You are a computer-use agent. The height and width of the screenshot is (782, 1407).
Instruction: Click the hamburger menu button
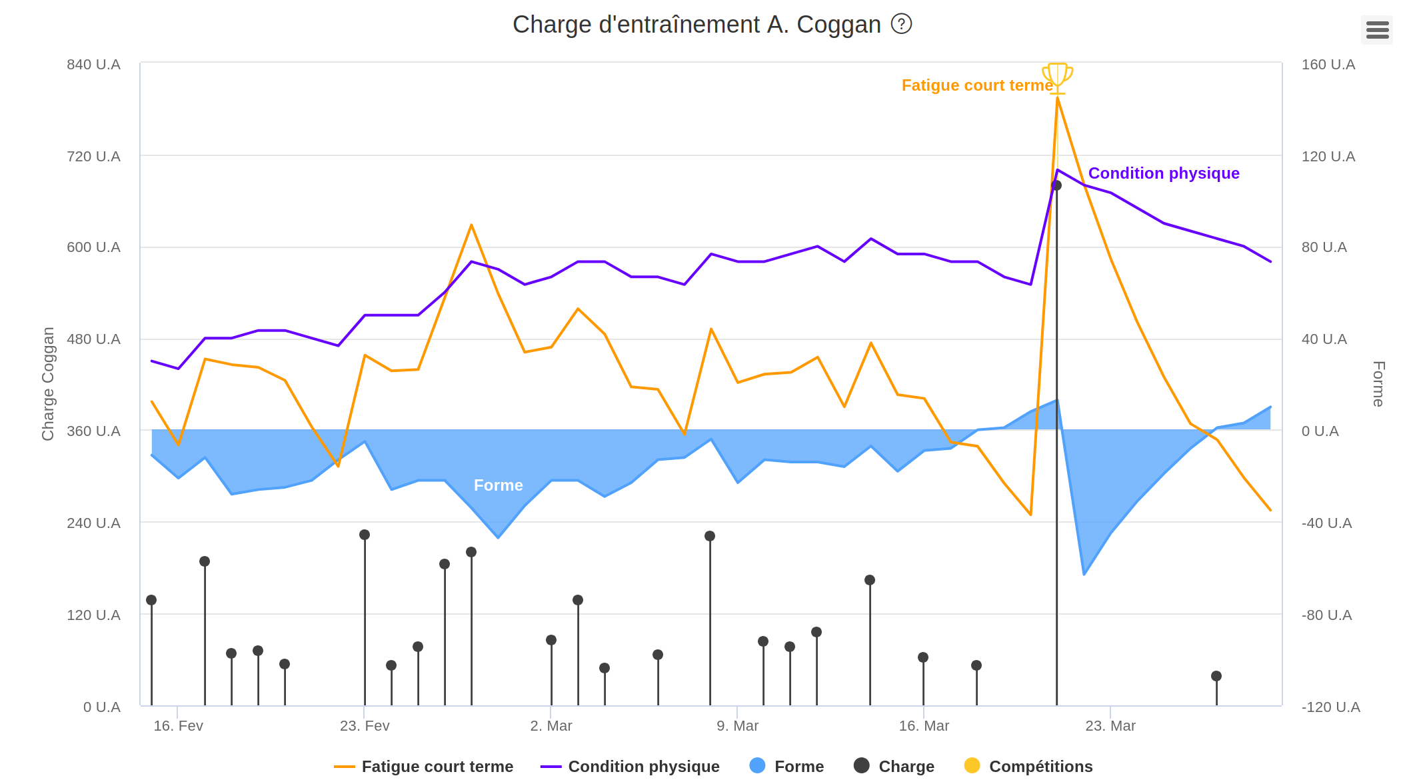1377,30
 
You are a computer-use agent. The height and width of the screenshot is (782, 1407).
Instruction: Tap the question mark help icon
901,24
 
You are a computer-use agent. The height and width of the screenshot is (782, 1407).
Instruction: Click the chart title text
697,25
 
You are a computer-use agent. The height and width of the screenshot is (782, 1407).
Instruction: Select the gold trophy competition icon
1057,77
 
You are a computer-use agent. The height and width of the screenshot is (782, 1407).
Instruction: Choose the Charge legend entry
894,766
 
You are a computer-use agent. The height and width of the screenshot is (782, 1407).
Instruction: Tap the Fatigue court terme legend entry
424,766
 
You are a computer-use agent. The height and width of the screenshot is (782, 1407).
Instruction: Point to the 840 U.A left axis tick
93,65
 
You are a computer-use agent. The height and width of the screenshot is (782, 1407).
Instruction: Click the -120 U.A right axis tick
1330,707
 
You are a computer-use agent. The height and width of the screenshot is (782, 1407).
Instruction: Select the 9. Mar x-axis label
737,725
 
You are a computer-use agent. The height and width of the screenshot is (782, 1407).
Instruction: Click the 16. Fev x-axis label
178,725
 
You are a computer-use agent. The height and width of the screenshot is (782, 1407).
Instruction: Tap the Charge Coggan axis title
48,383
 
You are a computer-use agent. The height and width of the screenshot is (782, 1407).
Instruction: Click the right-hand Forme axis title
1378,383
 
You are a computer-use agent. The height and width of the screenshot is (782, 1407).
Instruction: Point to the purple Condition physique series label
1164,173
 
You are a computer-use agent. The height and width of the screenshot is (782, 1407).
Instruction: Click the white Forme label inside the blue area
498,485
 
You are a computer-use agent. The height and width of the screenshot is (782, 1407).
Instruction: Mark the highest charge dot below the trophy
1056,185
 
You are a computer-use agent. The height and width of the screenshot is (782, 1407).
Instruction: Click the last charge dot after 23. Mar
1216,676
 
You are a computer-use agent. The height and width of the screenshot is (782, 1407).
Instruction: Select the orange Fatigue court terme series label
976,85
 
